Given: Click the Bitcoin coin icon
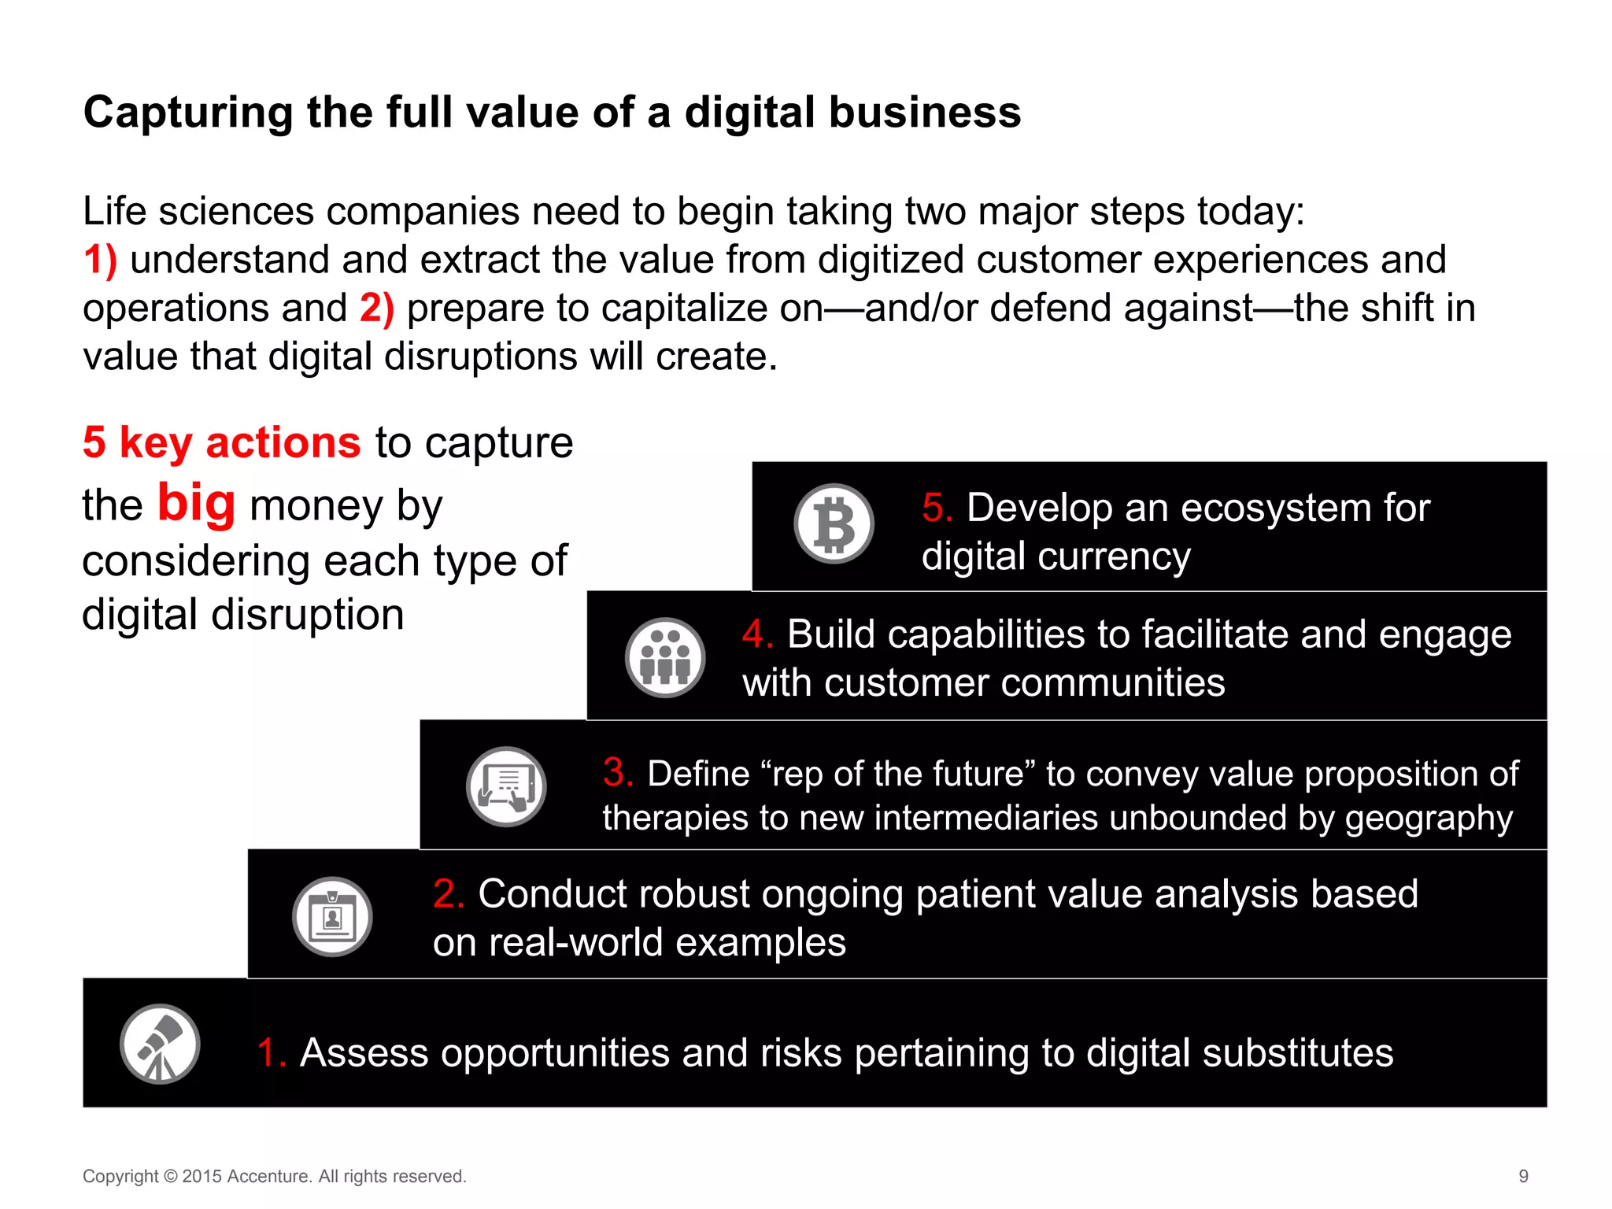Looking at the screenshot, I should (x=834, y=523).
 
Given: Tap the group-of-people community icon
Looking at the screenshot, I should (x=665, y=657).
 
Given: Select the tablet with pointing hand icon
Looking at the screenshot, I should (x=506, y=786).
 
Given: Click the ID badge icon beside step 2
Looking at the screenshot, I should (x=332, y=917).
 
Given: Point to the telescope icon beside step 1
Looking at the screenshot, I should (x=160, y=1044).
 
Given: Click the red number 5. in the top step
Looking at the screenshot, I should (x=937, y=508).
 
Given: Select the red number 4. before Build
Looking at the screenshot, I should (x=758, y=634).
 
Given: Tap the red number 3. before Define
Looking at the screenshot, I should (x=619, y=773).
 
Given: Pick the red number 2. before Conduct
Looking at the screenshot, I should (x=449, y=894).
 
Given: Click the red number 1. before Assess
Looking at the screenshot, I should (x=272, y=1053).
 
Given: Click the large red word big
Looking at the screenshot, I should (x=196, y=503).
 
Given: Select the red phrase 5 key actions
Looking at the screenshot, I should (x=221, y=442).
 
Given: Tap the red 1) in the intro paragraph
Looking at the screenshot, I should (x=100, y=260).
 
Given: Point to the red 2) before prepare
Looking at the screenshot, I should (x=376, y=308).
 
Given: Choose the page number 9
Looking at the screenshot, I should (x=1523, y=1176).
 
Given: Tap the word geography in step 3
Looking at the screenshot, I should (x=1429, y=818).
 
